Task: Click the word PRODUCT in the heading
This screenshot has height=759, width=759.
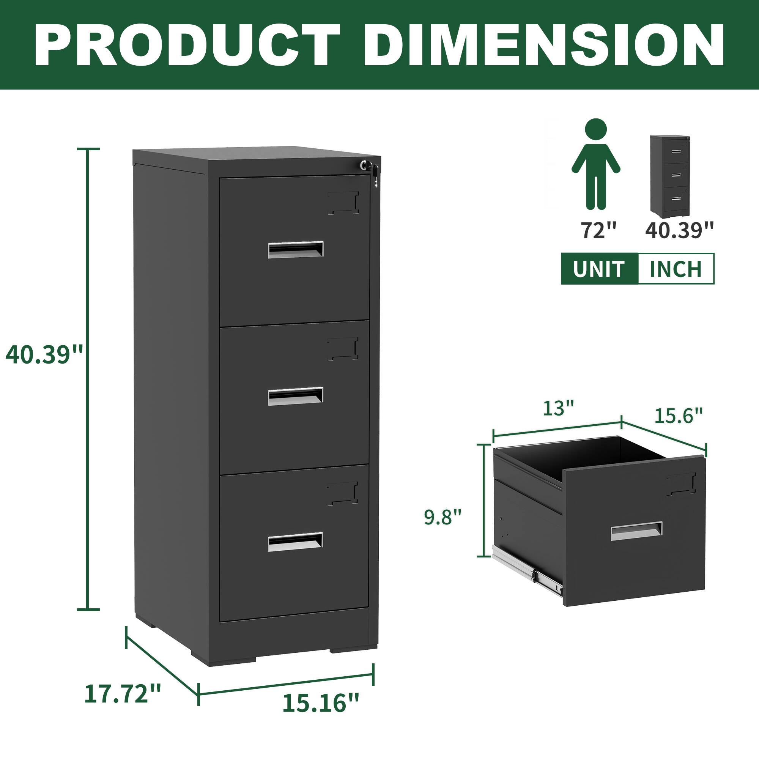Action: (x=187, y=46)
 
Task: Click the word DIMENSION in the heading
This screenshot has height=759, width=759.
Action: (x=544, y=46)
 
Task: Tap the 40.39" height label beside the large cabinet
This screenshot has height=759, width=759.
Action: (x=44, y=355)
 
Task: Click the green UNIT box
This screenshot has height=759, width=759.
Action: (x=598, y=269)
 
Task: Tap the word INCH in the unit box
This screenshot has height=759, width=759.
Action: (x=676, y=269)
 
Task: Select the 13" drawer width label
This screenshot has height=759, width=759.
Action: (x=559, y=409)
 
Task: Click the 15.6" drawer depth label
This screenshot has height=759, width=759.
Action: (x=679, y=416)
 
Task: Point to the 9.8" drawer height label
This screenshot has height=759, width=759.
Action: (x=442, y=516)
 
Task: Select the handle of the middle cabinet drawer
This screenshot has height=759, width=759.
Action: (x=295, y=396)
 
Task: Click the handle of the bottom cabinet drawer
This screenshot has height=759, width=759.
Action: (x=295, y=542)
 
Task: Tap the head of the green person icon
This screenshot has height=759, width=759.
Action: (x=595, y=130)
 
